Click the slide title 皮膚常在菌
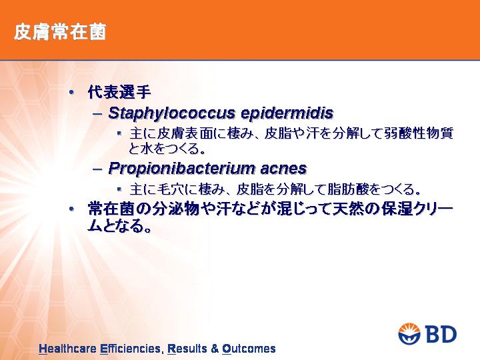(60, 32)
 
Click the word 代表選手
(119, 92)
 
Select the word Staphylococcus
(172, 113)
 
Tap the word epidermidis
(287, 113)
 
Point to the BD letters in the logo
(441, 334)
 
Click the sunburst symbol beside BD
(410, 334)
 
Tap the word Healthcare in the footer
(67, 349)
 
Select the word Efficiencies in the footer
(130, 349)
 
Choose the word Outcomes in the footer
(249, 349)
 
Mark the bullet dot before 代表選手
(71, 92)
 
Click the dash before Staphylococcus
(97, 114)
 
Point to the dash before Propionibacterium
(97, 169)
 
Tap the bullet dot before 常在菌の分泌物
(71, 209)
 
